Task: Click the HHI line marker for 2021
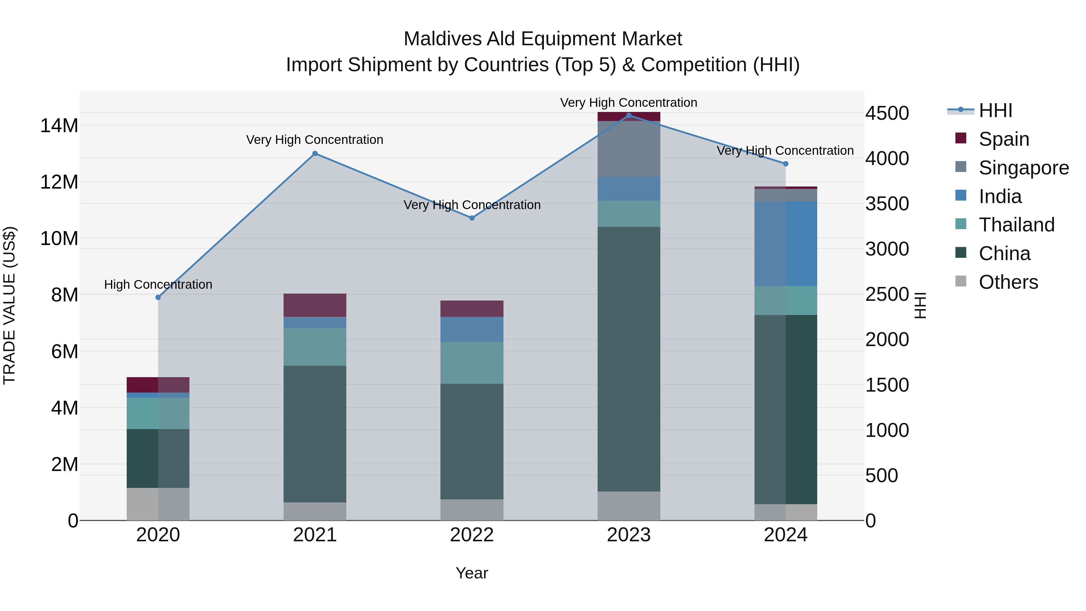pyautogui.click(x=315, y=154)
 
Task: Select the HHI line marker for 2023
pyautogui.click(x=629, y=116)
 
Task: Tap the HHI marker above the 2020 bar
pyautogui.click(x=158, y=297)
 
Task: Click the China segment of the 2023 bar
pyautogui.click(x=629, y=358)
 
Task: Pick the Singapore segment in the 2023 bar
pyautogui.click(x=629, y=148)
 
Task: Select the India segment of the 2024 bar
pyautogui.click(x=786, y=244)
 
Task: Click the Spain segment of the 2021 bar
pyautogui.click(x=315, y=305)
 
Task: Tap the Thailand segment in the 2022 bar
pyautogui.click(x=472, y=363)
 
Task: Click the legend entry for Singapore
pyautogui.click(x=1024, y=168)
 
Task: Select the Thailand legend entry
pyautogui.click(x=1016, y=225)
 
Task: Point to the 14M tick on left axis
pyautogui.click(x=59, y=126)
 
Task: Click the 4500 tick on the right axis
pyautogui.click(x=887, y=113)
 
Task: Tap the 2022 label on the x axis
pyautogui.click(x=472, y=535)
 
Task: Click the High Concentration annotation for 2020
pyautogui.click(x=158, y=285)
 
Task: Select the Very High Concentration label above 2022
pyautogui.click(x=472, y=205)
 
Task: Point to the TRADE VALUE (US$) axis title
pyautogui.click(x=9, y=305)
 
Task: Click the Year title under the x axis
pyautogui.click(x=472, y=573)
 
